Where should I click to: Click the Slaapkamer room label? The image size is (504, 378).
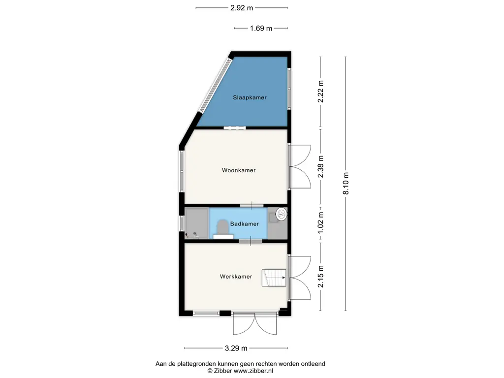(x=250, y=97)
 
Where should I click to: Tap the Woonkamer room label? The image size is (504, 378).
(x=239, y=170)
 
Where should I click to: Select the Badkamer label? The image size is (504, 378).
(x=245, y=224)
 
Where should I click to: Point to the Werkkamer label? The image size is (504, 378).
(x=236, y=277)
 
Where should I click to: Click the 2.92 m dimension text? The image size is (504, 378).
(x=242, y=8)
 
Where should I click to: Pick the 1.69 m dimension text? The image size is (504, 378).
(x=261, y=28)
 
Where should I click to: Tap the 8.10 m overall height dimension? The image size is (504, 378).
(x=346, y=184)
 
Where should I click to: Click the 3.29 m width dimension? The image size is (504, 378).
(x=236, y=348)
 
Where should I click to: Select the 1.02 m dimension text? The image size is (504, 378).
(x=320, y=224)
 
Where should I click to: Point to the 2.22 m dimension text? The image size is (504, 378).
(x=320, y=92)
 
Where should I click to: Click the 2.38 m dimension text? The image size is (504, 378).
(x=320, y=166)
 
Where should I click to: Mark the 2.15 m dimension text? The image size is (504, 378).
(x=320, y=277)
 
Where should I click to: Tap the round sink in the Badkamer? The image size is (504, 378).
(x=281, y=214)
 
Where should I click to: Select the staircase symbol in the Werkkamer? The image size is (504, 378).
(x=274, y=278)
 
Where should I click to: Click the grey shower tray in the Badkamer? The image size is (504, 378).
(x=197, y=223)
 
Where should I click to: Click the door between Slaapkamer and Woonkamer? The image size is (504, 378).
(x=235, y=128)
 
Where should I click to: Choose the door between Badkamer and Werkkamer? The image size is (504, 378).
(x=251, y=241)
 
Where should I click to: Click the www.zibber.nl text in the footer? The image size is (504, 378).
(x=253, y=371)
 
